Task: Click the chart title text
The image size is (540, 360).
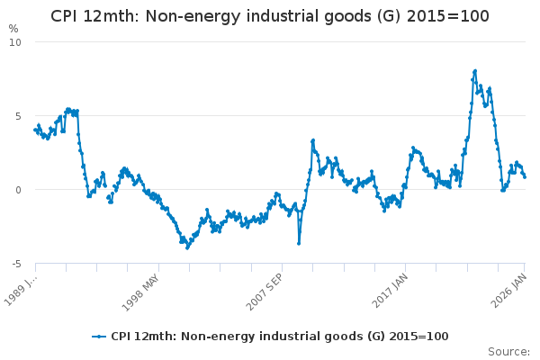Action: pos(269,16)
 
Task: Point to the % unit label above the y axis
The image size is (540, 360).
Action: pos(13,29)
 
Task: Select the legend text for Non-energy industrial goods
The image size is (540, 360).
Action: pos(279,337)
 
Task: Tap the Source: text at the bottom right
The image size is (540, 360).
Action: pos(508,351)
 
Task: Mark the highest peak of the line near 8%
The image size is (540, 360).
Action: pos(474,71)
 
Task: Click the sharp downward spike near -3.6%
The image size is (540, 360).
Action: pos(299,243)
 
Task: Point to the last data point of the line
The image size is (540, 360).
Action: pos(525,176)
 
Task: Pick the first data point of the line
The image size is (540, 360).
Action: pos(35,130)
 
